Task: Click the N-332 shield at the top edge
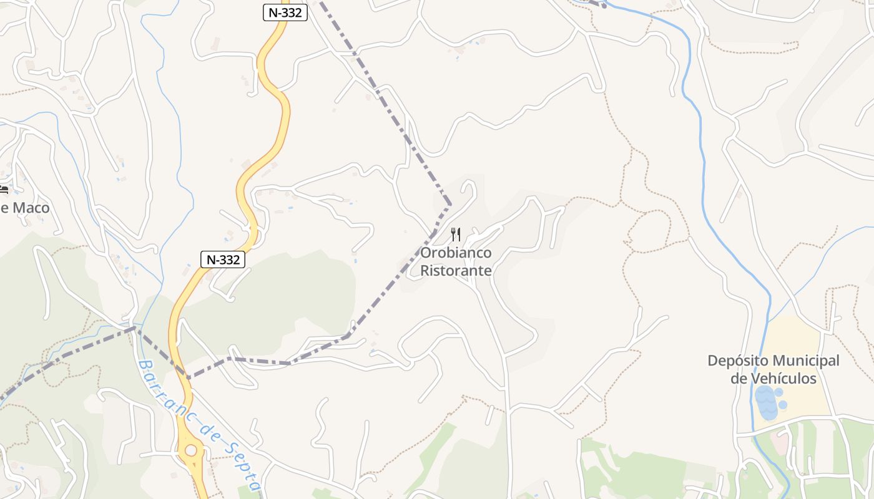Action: pos(285,12)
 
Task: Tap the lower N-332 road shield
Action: pos(223,259)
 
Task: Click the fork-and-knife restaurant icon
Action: pos(456,235)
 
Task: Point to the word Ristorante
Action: pos(456,271)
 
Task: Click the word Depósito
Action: pos(737,361)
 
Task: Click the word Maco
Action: pos(31,208)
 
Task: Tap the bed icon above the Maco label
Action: pos(4,190)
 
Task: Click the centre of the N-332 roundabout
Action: pos(191,450)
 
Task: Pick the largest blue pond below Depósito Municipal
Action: pos(766,402)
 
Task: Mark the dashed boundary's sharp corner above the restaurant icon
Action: pos(449,204)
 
